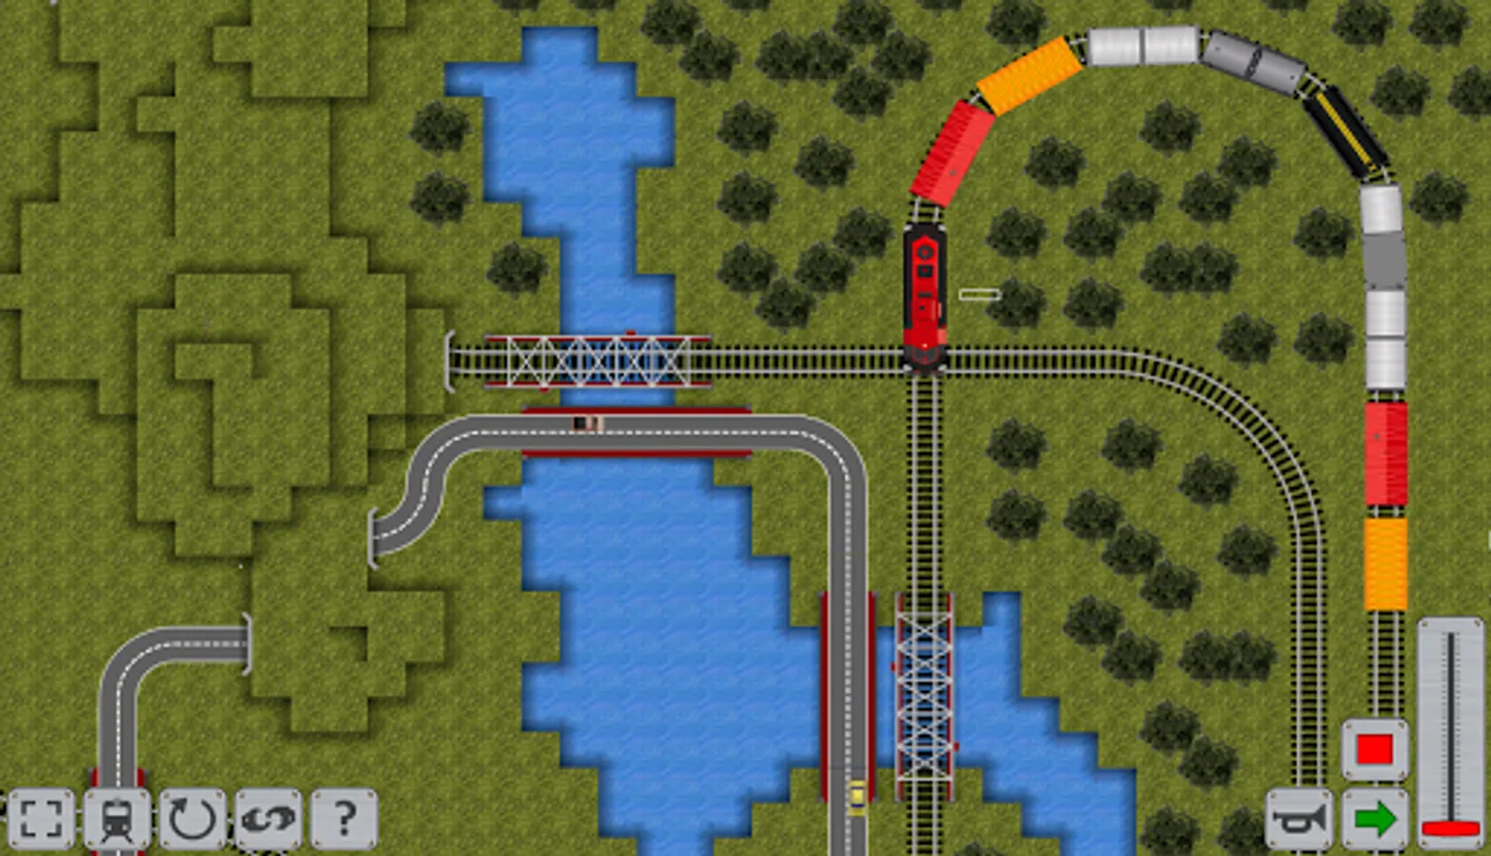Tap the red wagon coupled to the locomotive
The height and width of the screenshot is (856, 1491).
coord(952,153)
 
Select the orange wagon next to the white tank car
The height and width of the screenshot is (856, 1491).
coord(1030,75)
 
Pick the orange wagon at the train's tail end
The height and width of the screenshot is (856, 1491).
coord(1385,563)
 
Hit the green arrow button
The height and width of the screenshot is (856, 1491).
coord(1375,818)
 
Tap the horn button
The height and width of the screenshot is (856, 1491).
coord(1299,818)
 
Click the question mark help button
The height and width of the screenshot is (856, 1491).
coord(344,817)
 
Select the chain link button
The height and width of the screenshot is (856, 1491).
coord(268,817)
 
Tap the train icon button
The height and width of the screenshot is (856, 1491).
coord(117,818)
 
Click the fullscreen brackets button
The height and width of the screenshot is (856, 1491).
coord(41,818)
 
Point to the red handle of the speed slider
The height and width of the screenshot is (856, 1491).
coord(1450,828)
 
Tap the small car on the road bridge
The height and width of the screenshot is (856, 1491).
coord(587,423)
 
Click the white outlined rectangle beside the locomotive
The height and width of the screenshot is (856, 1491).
coord(979,295)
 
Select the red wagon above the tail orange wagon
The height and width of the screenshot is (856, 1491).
coord(1385,453)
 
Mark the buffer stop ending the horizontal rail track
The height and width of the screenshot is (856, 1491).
coord(450,361)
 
